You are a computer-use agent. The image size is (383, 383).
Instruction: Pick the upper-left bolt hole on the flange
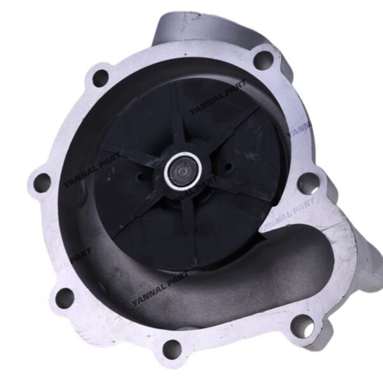pyautogui.click(x=101, y=78)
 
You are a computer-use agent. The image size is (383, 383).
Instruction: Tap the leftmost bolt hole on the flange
pyautogui.click(x=42, y=183)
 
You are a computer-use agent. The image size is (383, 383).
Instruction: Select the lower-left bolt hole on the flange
pyautogui.click(x=65, y=298)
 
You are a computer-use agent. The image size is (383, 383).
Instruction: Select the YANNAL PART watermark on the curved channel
pyautogui.click(x=159, y=289)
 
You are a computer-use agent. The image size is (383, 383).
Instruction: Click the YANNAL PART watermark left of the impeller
pyautogui.click(x=92, y=169)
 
